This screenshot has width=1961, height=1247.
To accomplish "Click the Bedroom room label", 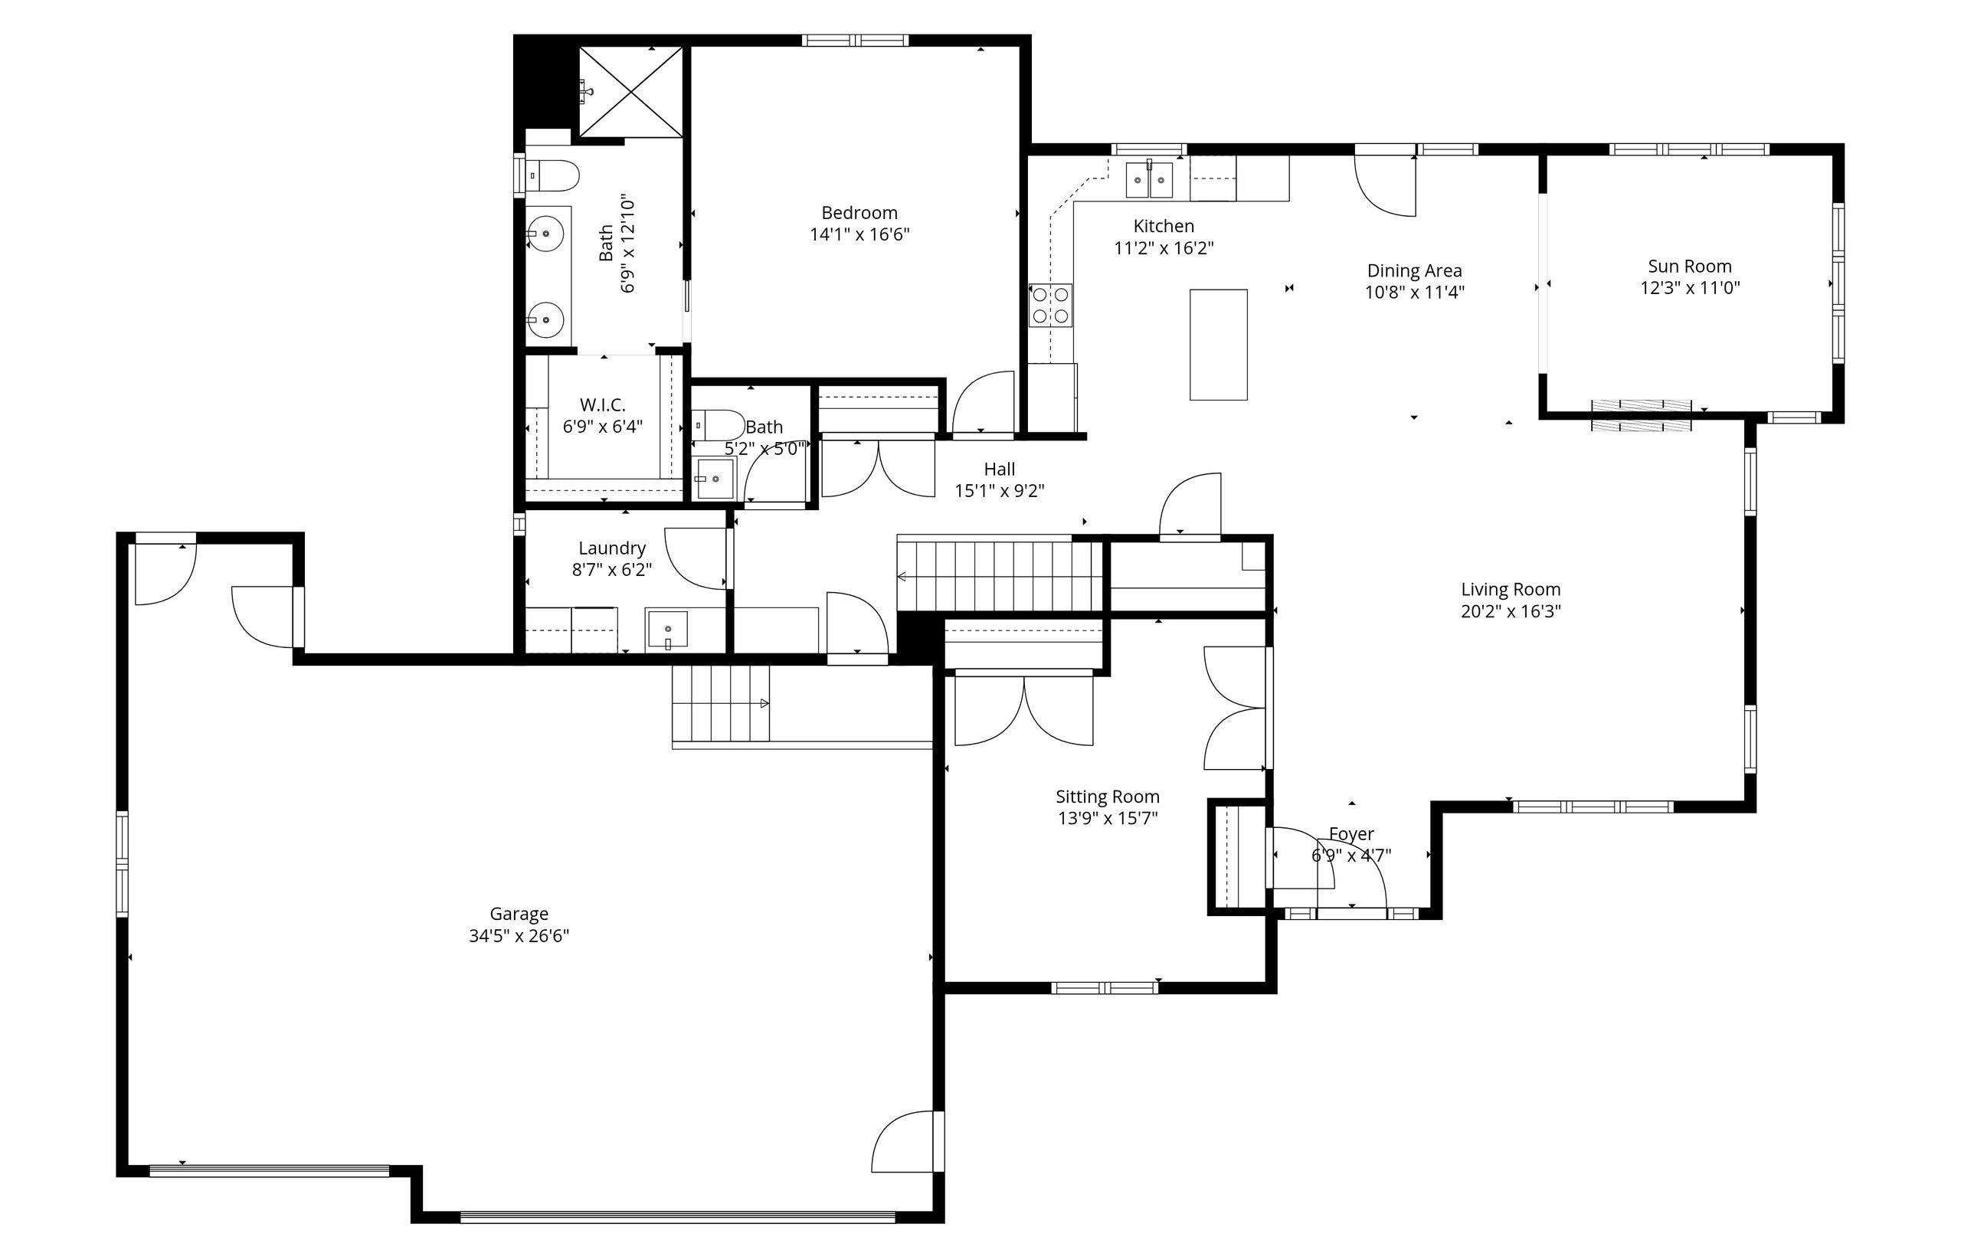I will tap(859, 213).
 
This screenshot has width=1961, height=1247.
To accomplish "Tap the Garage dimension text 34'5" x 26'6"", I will tap(519, 936).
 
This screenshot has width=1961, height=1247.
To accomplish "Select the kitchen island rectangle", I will tap(1218, 345).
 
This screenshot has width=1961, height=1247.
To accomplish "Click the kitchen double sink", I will tap(1149, 181).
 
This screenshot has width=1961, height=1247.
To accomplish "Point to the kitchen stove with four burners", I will tap(1050, 306).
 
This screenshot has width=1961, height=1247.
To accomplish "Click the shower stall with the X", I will tap(631, 92).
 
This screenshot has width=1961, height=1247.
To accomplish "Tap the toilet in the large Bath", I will tap(552, 175).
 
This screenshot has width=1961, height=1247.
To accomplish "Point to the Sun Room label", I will tap(1690, 267).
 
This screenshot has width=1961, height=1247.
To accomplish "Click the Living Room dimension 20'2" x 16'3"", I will tap(1511, 612).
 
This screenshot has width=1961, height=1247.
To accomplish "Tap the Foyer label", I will tap(1351, 834).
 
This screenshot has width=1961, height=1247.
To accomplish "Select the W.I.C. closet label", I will tap(603, 404).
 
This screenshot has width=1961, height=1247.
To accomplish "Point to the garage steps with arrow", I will tap(721, 702).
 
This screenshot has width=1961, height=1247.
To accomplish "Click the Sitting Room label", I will tap(1108, 797).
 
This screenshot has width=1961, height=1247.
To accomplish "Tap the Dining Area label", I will tap(1415, 270).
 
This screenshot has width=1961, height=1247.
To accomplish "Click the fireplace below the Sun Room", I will tap(1641, 415).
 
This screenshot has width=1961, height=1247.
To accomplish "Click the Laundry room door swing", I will tap(694, 558).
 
